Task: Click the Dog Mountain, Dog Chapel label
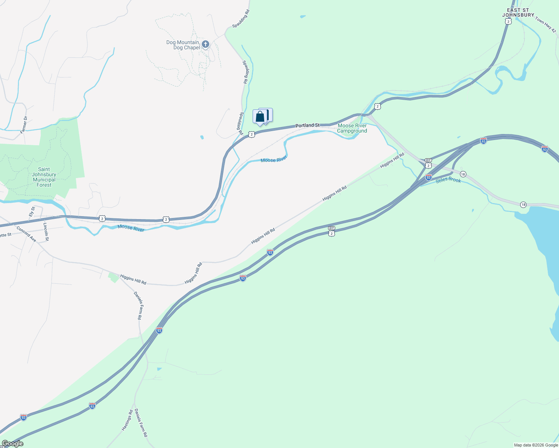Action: click(183, 45)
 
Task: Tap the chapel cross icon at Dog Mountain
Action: click(205, 44)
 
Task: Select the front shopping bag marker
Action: click(260, 117)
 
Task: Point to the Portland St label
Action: click(308, 125)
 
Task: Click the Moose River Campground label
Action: click(352, 128)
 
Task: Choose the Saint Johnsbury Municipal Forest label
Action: click(44, 177)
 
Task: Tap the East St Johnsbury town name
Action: click(518, 13)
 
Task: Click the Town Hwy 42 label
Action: click(546, 25)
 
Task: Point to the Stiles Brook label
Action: click(448, 180)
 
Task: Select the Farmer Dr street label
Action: click(24, 125)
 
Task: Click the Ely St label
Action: click(32, 212)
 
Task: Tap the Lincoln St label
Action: click(46, 231)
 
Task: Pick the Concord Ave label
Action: click(26, 234)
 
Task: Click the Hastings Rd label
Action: click(127, 420)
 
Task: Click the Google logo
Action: click(12, 444)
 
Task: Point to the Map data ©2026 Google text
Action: click(536, 445)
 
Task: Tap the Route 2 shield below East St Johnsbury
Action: click(507, 22)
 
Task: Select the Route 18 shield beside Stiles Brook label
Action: click(463, 174)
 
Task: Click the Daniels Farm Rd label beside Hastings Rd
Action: click(141, 423)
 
